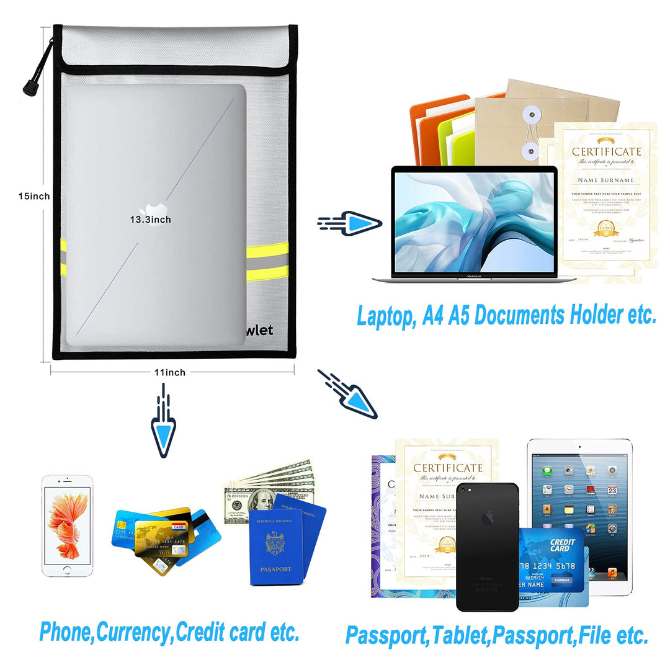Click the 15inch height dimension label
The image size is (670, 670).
click(x=33, y=196)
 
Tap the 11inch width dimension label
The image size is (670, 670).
click(x=170, y=372)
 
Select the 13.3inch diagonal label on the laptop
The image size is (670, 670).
click(x=150, y=220)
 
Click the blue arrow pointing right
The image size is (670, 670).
click(x=360, y=222)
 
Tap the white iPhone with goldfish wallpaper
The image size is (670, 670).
click(x=67, y=526)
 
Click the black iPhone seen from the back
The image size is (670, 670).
click(x=487, y=546)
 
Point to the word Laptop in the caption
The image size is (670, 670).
click(x=383, y=316)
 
